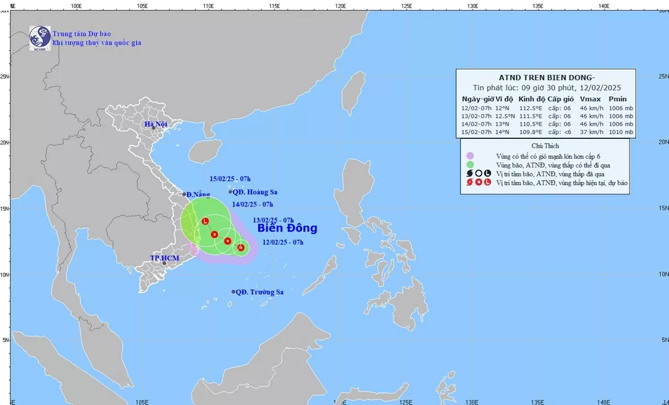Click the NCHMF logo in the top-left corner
pos(40,37)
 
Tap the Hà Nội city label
pos(156,125)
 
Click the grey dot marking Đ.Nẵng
pos(184,194)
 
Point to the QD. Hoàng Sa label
pos(255,192)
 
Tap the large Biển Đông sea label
pos(287,228)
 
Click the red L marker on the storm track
pos(205,222)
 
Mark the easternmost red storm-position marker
pos(241,247)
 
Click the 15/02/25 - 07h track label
pos(230,179)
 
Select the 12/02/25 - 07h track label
pos(283,242)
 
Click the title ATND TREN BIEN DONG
pos(545,77)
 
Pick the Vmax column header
pos(588,99)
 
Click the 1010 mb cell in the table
pos(621,133)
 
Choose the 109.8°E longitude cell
pos(530,133)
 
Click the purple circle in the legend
pos(470,156)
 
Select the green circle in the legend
pos(470,165)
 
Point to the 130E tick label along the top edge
pos(472,6)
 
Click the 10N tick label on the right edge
pos(662,274)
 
